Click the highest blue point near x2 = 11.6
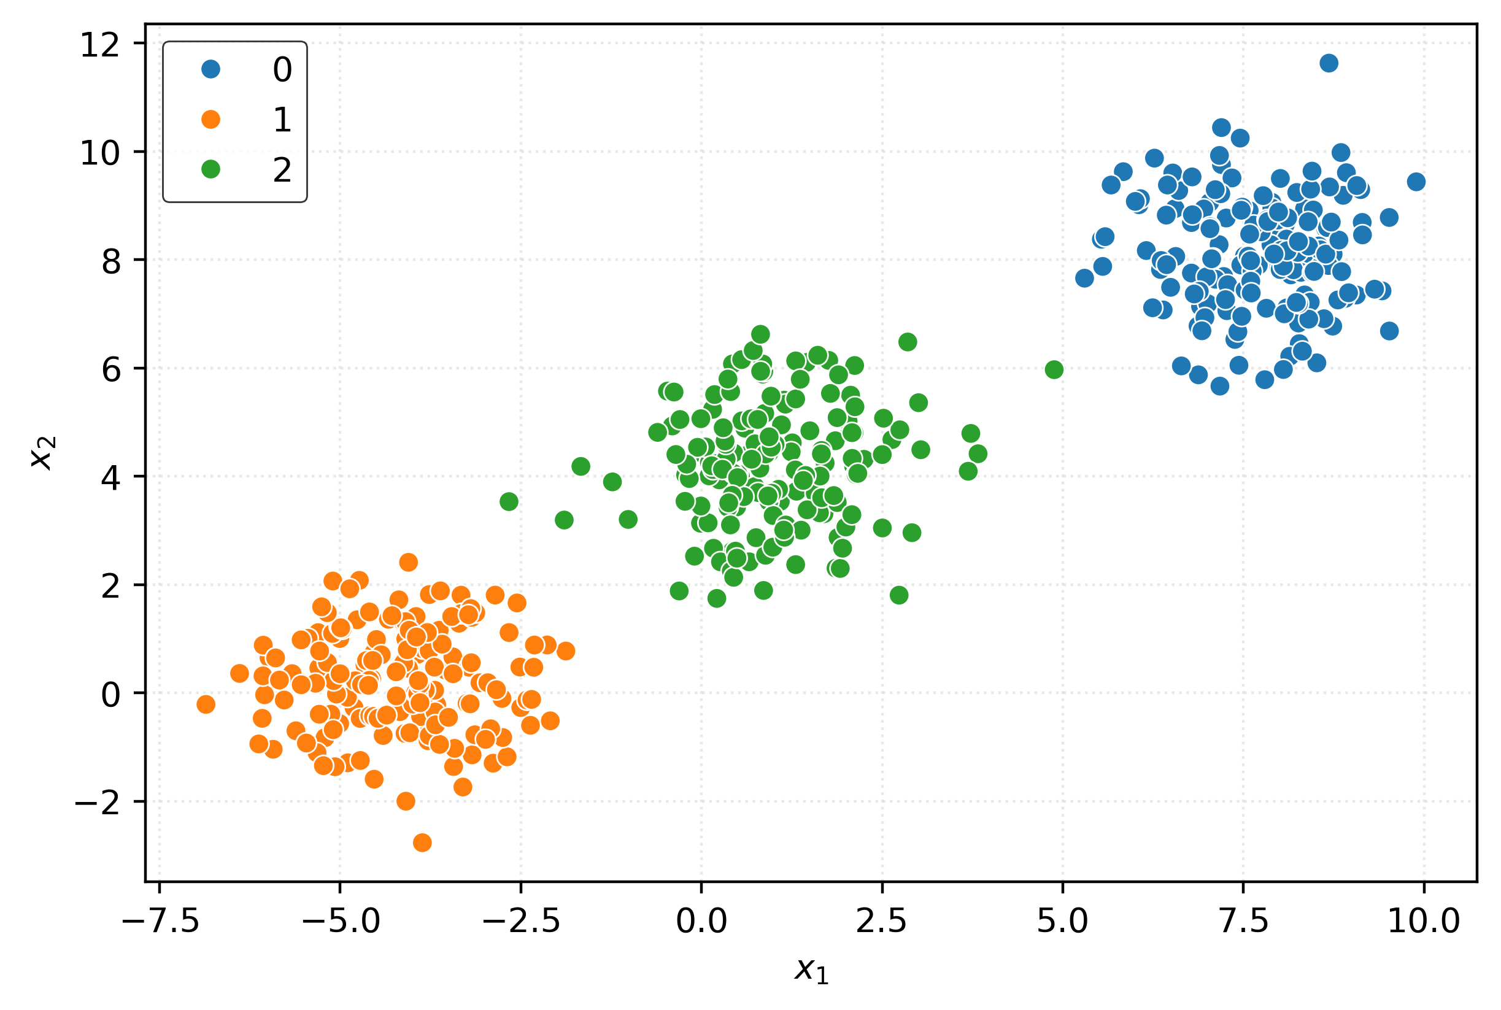[x=1329, y=63]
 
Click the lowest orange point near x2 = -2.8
[x=422, y=842]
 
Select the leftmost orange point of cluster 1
[x=206, y=704]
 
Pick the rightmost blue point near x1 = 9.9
[x=1415, y=182]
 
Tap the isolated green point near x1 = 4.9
[x=1054, y=370]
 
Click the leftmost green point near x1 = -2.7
[x=509, y=501]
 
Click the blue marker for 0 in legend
[x=210, y=69]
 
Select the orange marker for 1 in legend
[x=210, y=119]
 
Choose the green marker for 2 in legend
[x=210, y=169]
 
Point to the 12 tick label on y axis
[x=99, y=45]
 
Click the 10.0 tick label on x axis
[x=1423, y=922]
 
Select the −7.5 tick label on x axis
[x=160, y=922]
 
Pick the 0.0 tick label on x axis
[x=701, y=922]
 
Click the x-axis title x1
[x=811, y=970]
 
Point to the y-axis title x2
[x=44, y=452]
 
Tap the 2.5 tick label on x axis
[x=881, y=922]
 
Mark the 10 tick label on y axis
[x=99, y=153]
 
